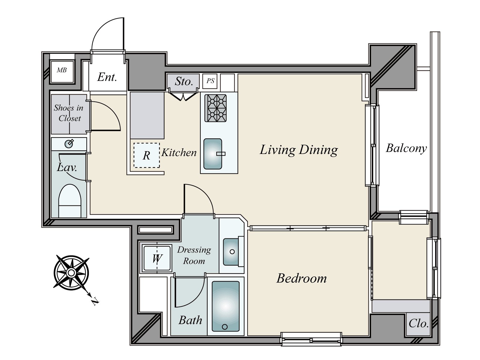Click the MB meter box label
62,70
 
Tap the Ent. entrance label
107,77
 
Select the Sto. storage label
184,81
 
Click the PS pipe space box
210,81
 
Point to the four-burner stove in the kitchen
215,108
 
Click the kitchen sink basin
213,154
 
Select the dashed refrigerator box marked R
146,155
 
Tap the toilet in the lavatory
69,201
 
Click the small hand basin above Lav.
69,144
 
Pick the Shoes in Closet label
69,113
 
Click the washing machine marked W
157,258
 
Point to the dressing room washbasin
232,251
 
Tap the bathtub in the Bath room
226,306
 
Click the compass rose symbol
71,272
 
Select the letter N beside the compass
95,301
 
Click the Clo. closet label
418,324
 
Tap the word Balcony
406,148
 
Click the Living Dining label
298,150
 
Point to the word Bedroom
301,278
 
